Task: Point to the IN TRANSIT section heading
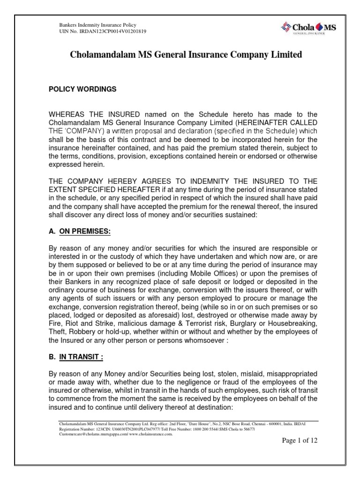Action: (x=81, y=357)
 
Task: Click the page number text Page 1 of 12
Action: (x=299, y=441)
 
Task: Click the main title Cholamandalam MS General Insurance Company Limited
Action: (x=186, y=55)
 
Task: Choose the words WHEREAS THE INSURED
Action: (x=94, y=114)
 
